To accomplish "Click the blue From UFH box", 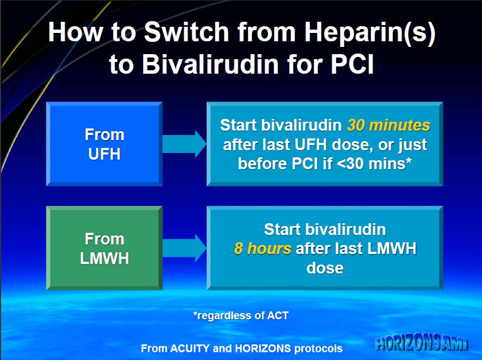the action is click(104, 144).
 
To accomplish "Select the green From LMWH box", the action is click(104, 248).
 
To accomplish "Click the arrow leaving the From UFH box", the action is click(184, 144).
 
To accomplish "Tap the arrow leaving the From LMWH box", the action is click(184, 248).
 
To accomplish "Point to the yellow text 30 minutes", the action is click(389, 126).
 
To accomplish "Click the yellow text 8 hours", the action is click(263, 248).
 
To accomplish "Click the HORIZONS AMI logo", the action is click(422, 344).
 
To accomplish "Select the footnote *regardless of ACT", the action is click(241, 315).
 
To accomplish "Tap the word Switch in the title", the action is click(187, 32).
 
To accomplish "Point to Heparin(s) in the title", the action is click(370, 32).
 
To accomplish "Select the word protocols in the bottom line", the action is click(318, 349).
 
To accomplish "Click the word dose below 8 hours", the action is click(325, 268).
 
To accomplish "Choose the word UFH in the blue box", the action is click(104, 154).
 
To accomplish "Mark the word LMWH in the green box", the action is click(104, 258).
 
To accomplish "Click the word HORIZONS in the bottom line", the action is click(263, 349).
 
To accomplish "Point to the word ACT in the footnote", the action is click(278, 315).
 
